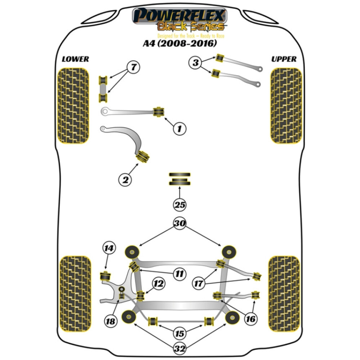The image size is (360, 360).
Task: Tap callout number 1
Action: [x=180, y=128]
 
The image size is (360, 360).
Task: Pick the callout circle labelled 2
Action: [x=125, y=179]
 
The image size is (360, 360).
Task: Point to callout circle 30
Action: [x=180, y=224]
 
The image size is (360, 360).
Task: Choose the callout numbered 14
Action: [x=108, y=248]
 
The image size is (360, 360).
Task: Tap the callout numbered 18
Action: [x=112, y=321]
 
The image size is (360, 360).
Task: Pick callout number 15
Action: [x=180, y=334]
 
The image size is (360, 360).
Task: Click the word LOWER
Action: [x=75, y=59]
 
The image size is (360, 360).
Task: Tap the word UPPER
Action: [x=284, y=59]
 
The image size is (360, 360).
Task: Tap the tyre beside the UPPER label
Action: [x=286, y=106]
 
